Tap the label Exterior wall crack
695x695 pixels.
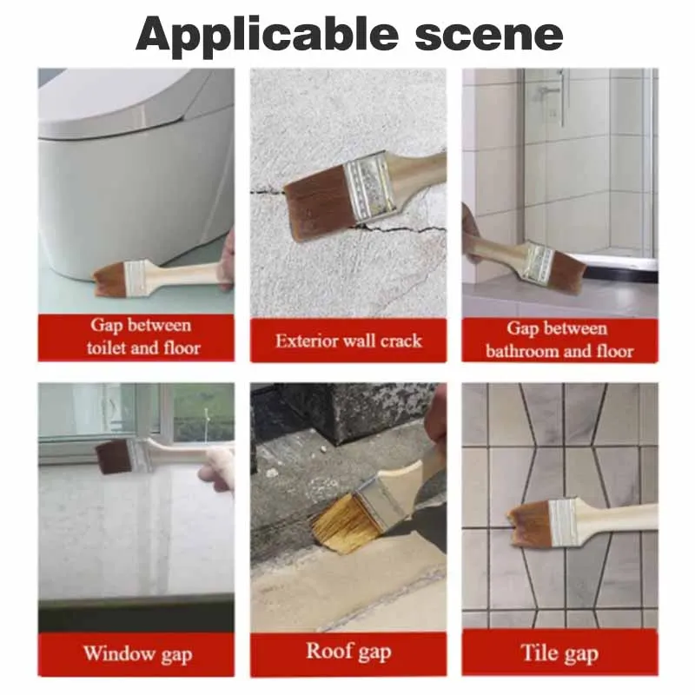348,341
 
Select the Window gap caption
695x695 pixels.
137,654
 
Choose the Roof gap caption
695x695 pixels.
348,652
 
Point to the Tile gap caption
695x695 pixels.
559,653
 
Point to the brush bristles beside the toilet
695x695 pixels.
109,277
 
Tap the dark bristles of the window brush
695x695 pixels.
114,457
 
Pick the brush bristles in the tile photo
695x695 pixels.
530,521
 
